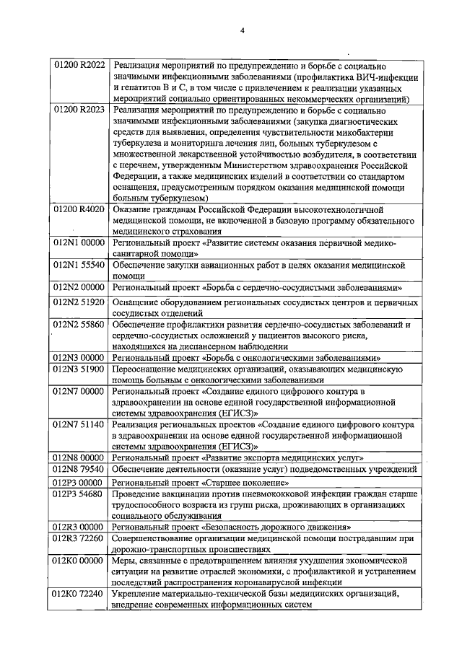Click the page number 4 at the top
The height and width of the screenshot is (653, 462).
point(242,30)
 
